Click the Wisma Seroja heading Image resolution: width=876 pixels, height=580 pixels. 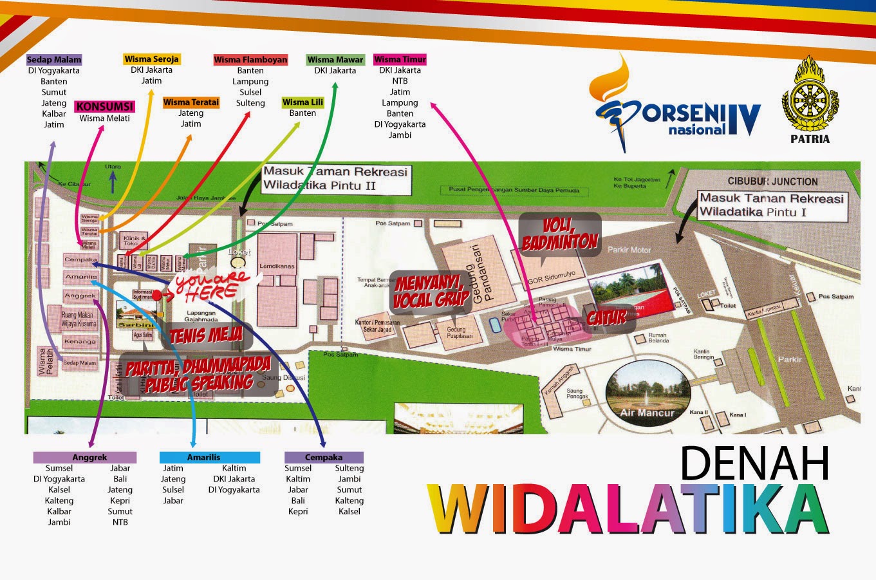[x=152, y=59]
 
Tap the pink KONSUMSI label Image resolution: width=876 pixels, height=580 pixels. [x=104, y=106]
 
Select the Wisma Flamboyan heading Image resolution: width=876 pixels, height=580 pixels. [x=250, y=60]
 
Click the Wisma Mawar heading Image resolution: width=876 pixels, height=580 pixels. [x=335, y=60]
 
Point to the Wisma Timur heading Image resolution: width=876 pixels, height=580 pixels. [x=400, y=59]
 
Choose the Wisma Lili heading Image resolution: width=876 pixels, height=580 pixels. [x=303, y=102]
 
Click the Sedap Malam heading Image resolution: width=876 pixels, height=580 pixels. [x=54, y=60]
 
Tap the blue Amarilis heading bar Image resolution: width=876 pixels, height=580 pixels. [x=210, y=458]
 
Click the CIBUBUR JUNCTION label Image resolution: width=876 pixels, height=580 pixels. [x=772, y=182]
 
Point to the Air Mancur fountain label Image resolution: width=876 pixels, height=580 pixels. [x=647, y=413]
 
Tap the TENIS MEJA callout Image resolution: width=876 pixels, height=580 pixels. [x=206, y=335]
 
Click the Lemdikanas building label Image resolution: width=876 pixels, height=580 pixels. [x=277, y=265]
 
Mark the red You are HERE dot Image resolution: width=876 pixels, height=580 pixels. [x=156, y=295]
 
